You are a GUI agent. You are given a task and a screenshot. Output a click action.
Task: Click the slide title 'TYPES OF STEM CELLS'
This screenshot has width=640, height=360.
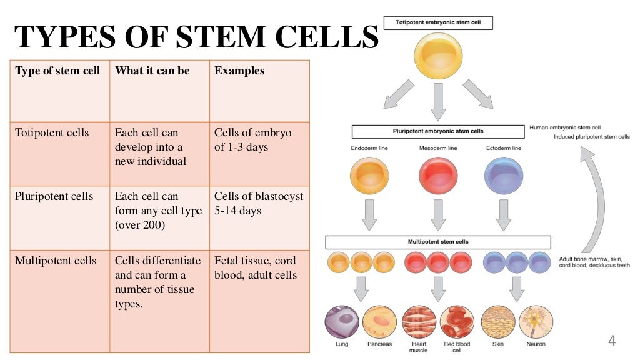coord(197,37)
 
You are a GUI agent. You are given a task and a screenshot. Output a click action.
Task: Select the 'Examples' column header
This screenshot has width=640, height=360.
coord(239,71)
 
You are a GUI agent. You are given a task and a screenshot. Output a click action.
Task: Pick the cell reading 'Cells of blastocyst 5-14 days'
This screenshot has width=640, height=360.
coord(259,203)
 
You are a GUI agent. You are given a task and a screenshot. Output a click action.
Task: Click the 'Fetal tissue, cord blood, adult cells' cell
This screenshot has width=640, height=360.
coord(255,267)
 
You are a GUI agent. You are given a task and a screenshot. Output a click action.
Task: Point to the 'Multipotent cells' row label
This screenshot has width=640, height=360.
coord(56,261)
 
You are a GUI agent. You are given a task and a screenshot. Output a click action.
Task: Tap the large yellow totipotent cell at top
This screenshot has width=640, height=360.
coord(438,56)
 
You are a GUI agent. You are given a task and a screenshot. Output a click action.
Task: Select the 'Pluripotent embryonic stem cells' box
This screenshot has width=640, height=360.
coord(437,131)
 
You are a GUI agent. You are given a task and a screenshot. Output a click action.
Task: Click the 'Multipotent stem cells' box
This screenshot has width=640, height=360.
coord(437,242)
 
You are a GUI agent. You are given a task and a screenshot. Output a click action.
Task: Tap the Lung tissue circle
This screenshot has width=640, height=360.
coord(342,322)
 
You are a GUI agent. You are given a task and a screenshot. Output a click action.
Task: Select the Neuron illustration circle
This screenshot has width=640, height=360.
coord(536,322)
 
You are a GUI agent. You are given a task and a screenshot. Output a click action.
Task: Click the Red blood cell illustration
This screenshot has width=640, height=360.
coord(457,322)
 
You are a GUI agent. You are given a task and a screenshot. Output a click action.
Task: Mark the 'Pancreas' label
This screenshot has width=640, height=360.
coord(379,344)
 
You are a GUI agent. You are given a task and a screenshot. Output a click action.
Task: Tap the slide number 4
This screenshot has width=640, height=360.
coord(612,341)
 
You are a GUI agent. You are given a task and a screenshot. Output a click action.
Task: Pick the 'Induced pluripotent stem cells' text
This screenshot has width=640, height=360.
coord(592,137)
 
